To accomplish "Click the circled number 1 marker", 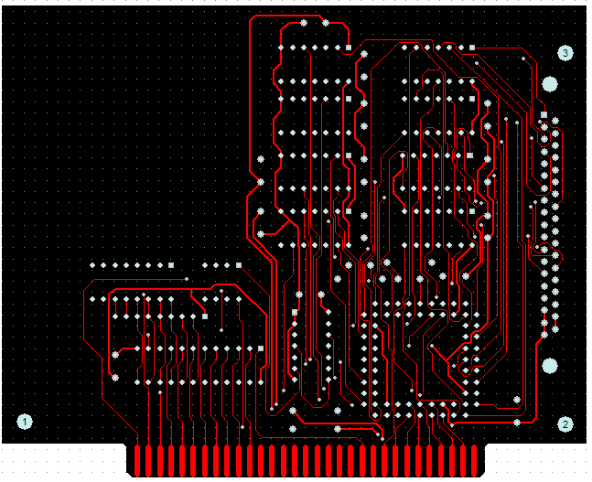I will click(25, 422).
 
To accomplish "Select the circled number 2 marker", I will click(566, 424).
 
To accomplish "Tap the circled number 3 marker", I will click(565, 54).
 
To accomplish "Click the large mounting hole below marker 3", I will click(549, 84).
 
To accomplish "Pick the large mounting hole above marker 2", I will click(549, 366).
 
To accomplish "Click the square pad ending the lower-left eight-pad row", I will click(171, 264).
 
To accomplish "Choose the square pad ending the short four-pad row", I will click(238, 264).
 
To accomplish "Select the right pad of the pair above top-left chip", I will click(326, 22).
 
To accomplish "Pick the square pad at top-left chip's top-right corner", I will click(349, 47).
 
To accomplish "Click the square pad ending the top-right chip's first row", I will click(471, 47).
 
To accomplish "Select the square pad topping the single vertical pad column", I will click(295, 312).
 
